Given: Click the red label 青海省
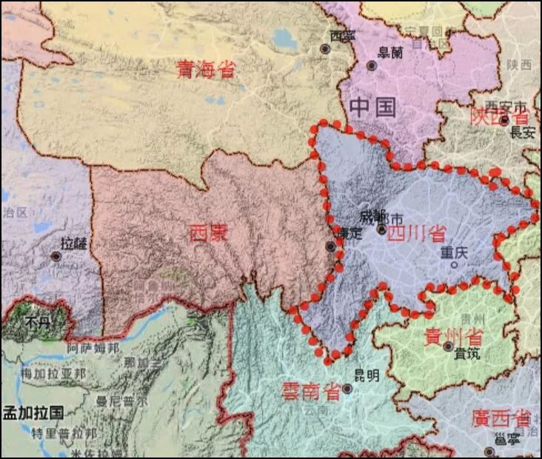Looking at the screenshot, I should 205,70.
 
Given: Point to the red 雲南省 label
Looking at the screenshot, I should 311,391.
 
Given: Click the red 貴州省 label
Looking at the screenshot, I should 453,336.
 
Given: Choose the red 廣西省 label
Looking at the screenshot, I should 501,418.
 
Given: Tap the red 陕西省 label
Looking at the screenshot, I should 501,116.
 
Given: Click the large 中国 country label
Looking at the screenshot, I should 373,107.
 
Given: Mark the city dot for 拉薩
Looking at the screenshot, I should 56,256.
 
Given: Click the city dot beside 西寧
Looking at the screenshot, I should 325,49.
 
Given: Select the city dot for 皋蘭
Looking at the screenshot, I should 372,66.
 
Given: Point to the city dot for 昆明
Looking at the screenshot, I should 346,388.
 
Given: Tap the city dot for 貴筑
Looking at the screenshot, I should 449,346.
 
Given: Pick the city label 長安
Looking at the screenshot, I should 523,133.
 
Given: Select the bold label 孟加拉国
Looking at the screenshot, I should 33,412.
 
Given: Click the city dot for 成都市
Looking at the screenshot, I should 382,229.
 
